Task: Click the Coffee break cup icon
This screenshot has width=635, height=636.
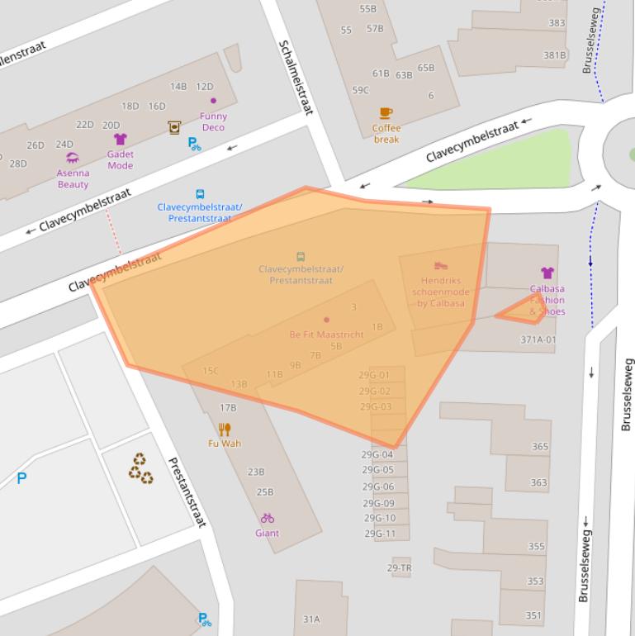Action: (386, 113)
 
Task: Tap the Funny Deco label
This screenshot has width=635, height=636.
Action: (213, 121)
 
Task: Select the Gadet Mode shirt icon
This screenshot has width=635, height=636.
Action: (120, 139)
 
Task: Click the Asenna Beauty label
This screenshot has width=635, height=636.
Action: (73, 178)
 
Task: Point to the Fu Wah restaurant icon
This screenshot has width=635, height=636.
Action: (225, 429)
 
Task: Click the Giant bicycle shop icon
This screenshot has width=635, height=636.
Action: (267, 518)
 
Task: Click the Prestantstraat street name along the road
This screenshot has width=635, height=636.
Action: (186, 491)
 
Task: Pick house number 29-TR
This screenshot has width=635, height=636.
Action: (399, 568)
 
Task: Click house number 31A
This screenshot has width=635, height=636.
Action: (311, 619)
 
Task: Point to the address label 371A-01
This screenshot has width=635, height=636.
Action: (538, 339)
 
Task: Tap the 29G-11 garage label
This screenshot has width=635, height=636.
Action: (379, 534)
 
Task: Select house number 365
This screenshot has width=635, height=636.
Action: (539, 446)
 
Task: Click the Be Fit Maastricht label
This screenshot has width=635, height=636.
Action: (326, 335)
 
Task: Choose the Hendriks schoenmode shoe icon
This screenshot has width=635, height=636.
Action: (440, 266)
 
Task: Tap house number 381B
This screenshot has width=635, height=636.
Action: (554, 55)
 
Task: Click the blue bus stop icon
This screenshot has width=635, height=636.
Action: (200, 194)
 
